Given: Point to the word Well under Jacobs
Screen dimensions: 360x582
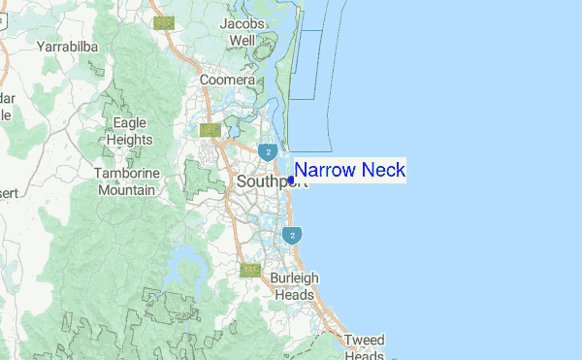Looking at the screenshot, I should [x=242, y=41].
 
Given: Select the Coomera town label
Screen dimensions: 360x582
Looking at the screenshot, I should [x=227, y=80].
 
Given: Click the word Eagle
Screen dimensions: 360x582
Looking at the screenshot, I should [x=130, y=123].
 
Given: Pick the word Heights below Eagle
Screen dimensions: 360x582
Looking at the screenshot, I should [x=130, y=139].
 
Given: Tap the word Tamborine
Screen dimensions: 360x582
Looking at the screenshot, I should [x=126, y=174].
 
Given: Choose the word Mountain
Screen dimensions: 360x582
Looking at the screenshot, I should [x=126, y=190].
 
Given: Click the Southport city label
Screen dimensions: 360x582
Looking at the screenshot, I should [x=265, y=180].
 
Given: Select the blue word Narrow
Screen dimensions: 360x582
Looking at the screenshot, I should [x=324, y=171].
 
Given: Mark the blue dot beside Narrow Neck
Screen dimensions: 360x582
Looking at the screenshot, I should [x=291, y=179].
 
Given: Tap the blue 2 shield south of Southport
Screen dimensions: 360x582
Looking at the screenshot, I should [x=291, y=235].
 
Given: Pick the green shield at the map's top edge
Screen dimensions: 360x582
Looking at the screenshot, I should [x=164, y=21].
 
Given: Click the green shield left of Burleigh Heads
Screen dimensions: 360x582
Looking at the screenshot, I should [x=250, y=270].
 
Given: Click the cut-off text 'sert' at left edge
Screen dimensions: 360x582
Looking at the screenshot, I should [x=10, y=193].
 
